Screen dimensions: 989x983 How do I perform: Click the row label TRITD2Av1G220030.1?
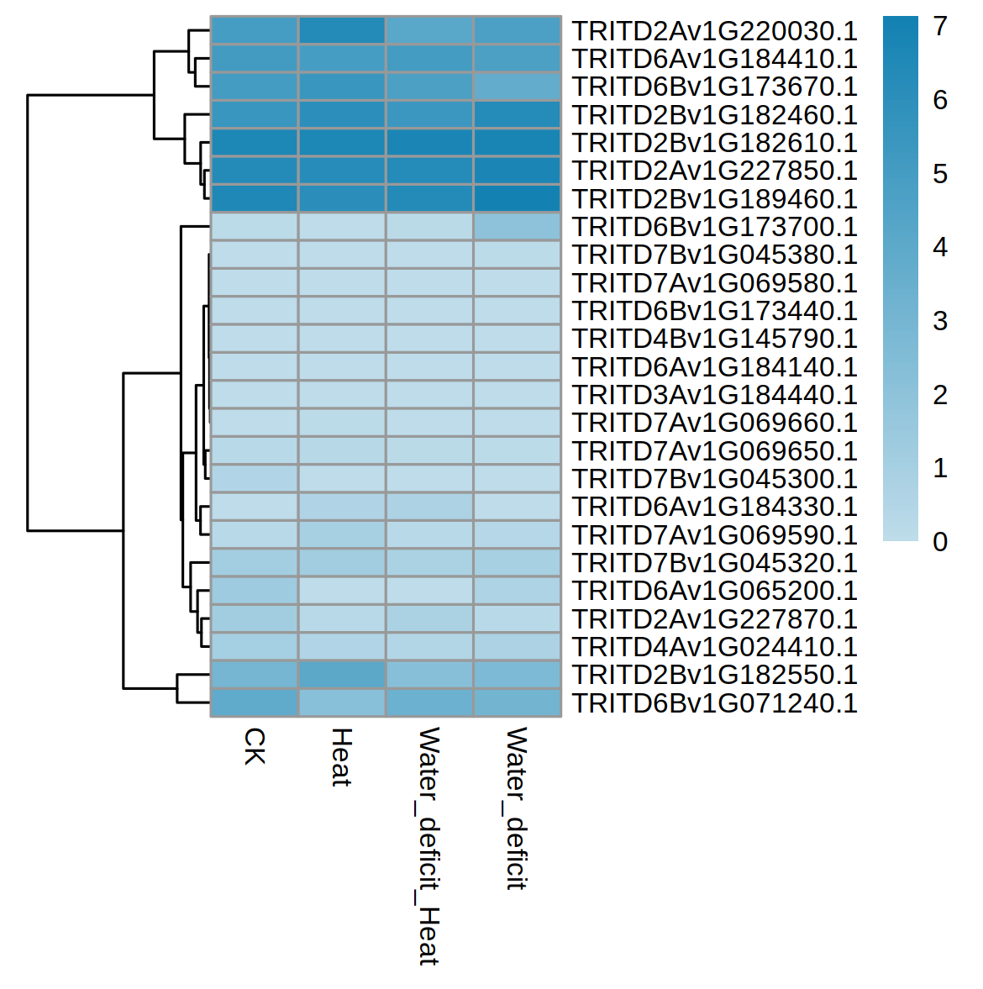714,31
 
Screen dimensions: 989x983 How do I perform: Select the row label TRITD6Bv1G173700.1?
714,227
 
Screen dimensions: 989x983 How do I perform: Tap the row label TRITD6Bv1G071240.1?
714,703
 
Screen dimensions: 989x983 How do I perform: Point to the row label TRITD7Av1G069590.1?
714,535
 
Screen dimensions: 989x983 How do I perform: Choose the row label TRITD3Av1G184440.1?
714,395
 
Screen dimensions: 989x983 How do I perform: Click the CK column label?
254,746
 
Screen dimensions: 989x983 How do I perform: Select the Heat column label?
341,757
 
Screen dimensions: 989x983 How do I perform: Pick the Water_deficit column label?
516,808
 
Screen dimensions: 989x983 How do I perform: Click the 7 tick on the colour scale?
940,27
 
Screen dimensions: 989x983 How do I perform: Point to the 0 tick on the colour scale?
940,542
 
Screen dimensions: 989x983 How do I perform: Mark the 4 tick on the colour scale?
940,247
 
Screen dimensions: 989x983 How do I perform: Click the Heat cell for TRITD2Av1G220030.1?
342,30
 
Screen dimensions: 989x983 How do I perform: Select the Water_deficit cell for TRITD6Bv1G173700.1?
518,227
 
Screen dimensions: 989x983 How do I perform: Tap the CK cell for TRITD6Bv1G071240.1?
255,702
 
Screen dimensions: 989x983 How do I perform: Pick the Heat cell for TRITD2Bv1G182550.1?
342,675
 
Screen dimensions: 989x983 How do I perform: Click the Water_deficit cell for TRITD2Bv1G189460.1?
518,198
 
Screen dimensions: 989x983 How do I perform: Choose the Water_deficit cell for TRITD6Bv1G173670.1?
518,87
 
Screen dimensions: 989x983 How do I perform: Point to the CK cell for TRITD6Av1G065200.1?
255,591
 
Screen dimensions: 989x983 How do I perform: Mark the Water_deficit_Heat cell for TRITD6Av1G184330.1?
429,507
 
